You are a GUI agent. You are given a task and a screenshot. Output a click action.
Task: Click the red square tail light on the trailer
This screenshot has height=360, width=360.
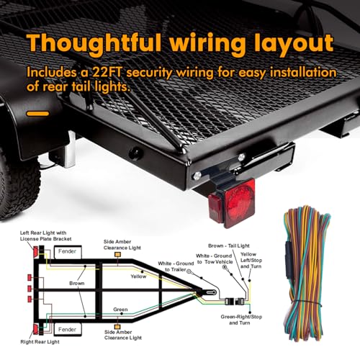[x=232, y=203]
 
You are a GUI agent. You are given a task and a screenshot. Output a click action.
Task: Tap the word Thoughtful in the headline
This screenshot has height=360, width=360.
[x=94, y=43]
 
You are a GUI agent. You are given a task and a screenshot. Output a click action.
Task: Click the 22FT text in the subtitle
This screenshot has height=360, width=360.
[x=107, y=72]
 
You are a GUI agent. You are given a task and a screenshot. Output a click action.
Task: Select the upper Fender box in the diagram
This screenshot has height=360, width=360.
[x=68, y=252]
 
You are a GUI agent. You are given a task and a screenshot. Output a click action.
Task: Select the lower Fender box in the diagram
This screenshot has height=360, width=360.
[x=68, y=330]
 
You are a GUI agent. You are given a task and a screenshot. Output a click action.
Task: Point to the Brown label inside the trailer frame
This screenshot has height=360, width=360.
[x=77, y=284]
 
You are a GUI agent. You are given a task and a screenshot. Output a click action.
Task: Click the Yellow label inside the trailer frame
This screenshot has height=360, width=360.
[x=138, y=276]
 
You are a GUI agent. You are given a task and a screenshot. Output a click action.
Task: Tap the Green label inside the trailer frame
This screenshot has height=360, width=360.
[x=120, y=310]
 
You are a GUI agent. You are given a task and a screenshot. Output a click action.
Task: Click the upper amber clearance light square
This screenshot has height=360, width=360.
[x=117, y=255]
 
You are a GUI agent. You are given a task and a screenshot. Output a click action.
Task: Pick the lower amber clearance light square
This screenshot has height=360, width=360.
[x=117, y=326]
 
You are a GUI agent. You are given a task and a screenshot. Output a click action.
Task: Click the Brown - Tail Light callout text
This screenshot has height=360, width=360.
[x=229, y=246]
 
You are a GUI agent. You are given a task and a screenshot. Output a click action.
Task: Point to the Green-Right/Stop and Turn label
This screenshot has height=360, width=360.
[x=241, y=320]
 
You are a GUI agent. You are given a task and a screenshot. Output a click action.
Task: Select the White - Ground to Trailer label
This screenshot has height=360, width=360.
[x=176, y=266]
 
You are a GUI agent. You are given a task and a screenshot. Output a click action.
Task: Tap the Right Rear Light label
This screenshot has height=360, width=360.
[x=40, y=342]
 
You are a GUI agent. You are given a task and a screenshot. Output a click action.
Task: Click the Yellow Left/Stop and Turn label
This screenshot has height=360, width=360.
[x=251, y=261]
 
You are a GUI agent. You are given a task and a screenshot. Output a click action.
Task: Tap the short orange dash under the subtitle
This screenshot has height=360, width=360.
[x=37, y=114]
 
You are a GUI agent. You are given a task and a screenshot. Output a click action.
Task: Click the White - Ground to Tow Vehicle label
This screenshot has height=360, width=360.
[x=215, y=258]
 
